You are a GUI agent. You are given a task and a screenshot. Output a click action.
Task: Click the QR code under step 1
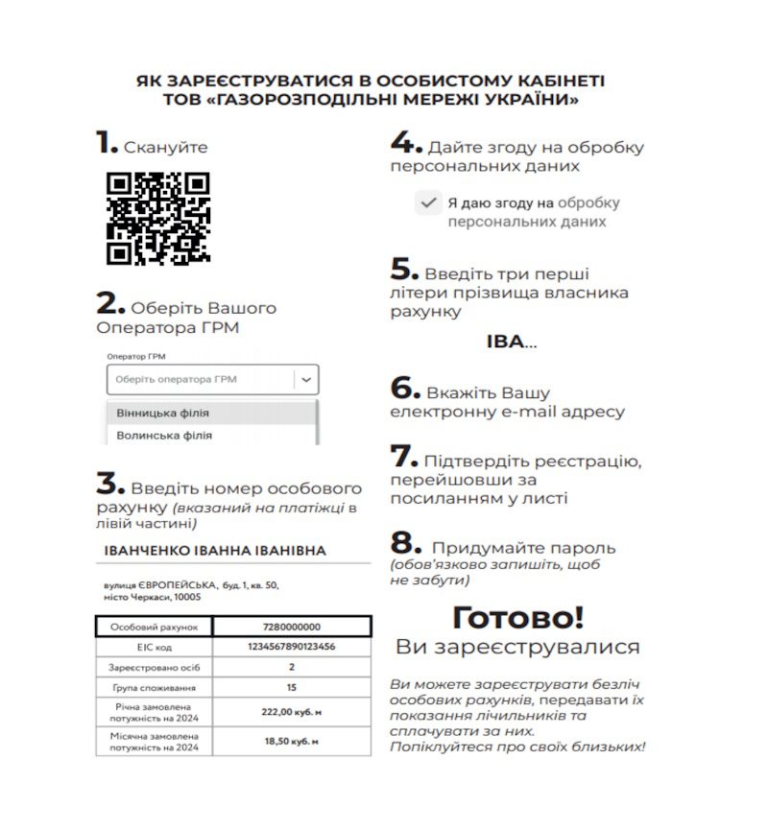coord(157,218)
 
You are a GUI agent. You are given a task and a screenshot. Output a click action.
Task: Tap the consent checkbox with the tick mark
coord(428,202)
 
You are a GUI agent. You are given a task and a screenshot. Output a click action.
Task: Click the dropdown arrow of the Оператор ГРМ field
coord(306,379)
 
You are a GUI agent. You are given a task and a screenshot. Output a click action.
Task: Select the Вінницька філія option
coord(163,413)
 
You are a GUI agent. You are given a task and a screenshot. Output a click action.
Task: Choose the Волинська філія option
coord(164,435)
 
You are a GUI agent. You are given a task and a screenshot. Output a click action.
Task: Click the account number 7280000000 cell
coord(291,627)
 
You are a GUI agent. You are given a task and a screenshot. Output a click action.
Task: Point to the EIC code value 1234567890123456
coord(291,647)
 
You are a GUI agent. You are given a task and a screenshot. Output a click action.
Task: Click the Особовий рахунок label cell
coord(154,627)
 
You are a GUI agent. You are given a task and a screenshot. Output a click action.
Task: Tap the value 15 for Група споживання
coord(291,687)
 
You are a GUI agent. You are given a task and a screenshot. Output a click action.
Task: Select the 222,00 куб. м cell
coord(291,712)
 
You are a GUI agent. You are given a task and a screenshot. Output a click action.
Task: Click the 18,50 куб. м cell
coord(291,741)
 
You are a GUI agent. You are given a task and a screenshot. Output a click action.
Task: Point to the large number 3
coord(110,483)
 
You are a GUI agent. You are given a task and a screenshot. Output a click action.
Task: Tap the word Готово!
coord(517,617)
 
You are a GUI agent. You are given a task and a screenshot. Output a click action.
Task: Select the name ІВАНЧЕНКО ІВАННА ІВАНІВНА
coord(215,551)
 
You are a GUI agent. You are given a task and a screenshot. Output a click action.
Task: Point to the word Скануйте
coord(165,147)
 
